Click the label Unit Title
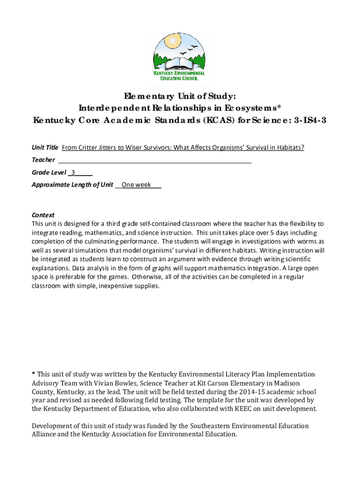[x=45, y=147]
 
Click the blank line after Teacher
[x=154, y=160]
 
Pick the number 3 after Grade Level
[x=73, y=172]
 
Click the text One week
[x=136, y=184]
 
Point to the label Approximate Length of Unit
[x=72, y=184]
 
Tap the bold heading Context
[x=43, y=215]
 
